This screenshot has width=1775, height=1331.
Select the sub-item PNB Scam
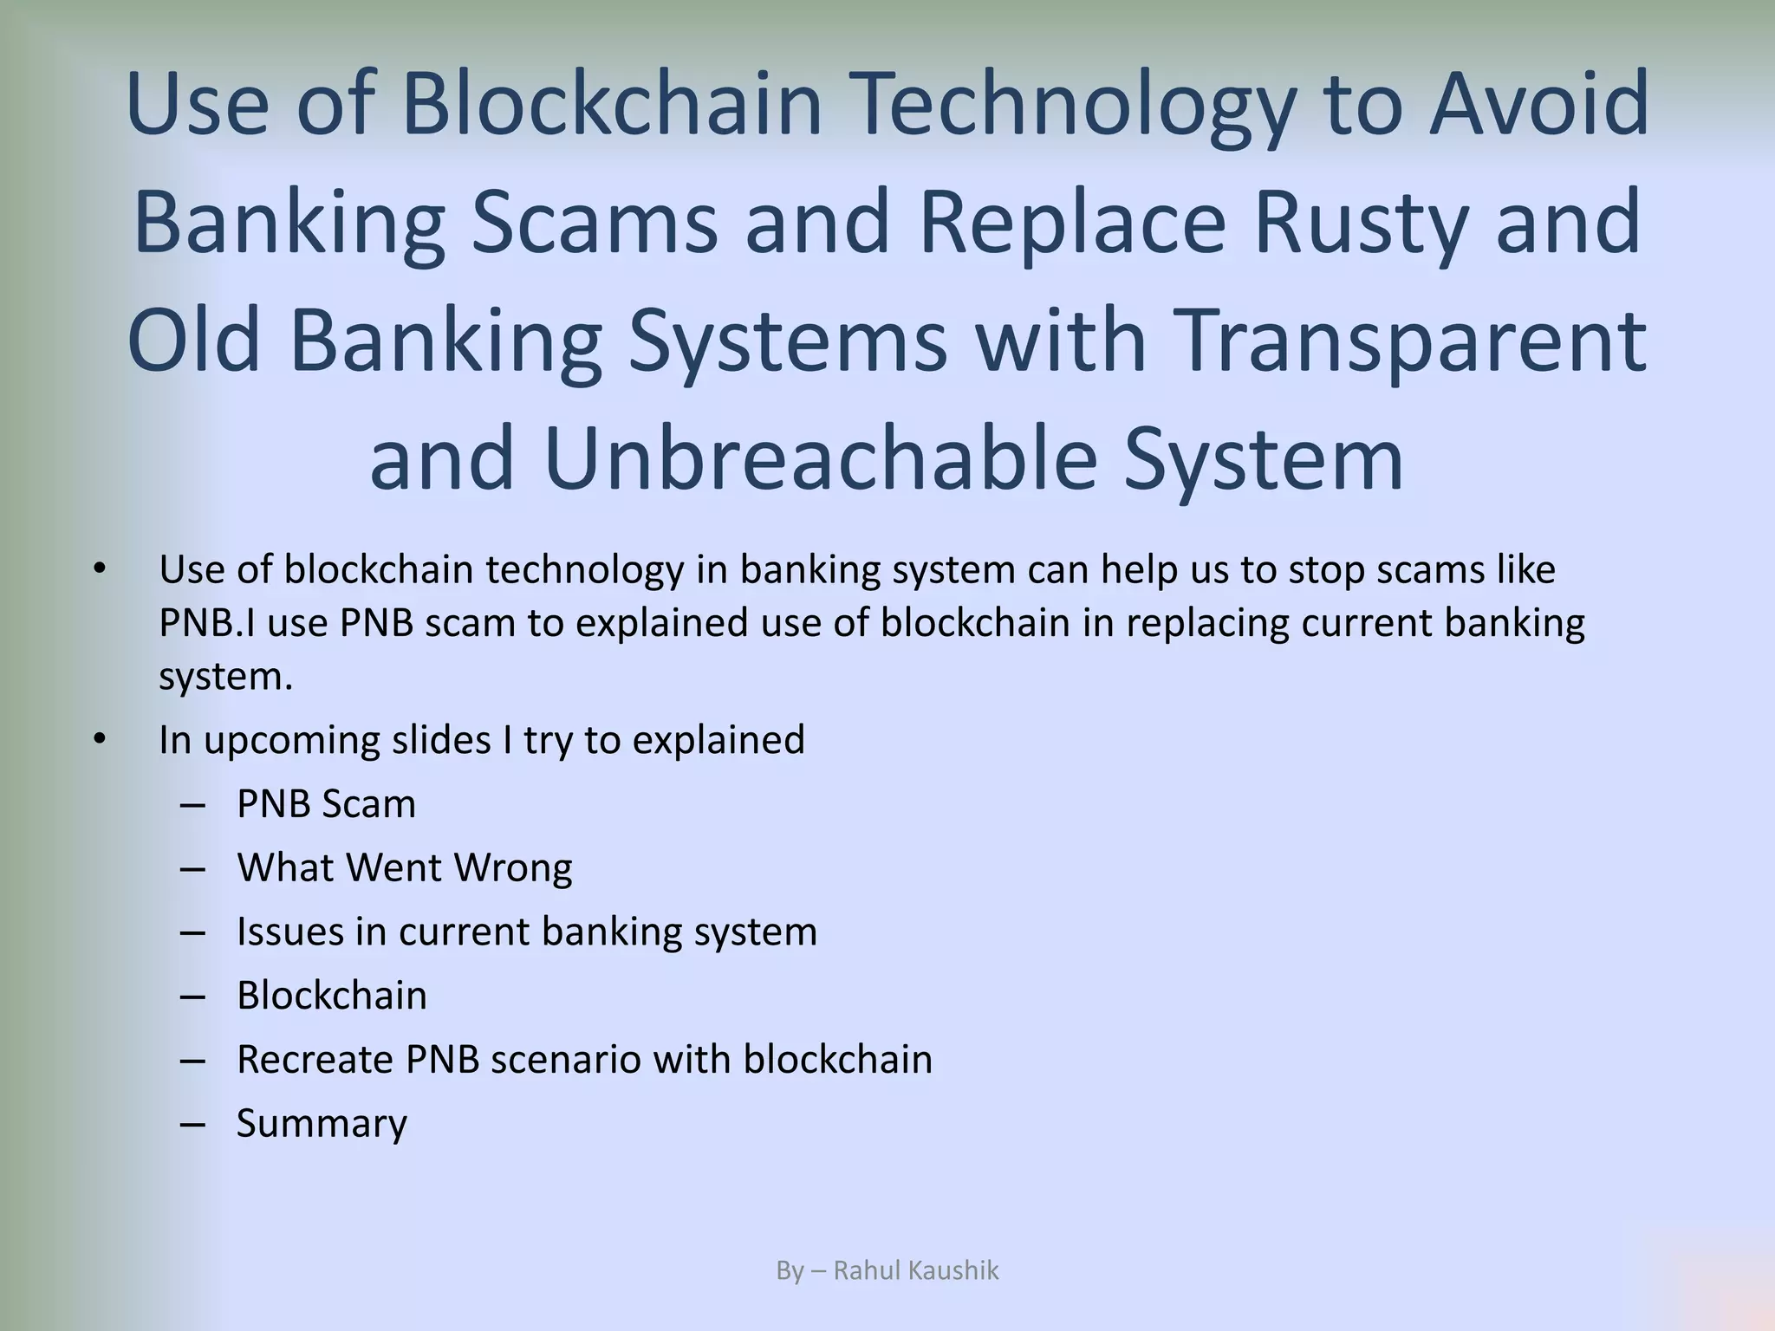[326, 804]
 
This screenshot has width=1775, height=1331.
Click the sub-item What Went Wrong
[405, 867]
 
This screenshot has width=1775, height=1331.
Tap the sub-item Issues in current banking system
[527, 932]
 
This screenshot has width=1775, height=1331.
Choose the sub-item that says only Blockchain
[332, 996]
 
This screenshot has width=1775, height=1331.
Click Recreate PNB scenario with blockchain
[584, 1060]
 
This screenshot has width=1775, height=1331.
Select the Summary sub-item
[322, 1124]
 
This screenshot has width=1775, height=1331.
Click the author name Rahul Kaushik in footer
[915, 1270]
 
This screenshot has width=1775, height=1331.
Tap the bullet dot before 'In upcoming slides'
[100, 739]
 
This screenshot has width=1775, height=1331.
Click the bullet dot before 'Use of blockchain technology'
[100, 569]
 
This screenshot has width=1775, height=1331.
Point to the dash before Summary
[193, 1124]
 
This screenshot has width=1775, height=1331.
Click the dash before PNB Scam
[193, 804]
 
